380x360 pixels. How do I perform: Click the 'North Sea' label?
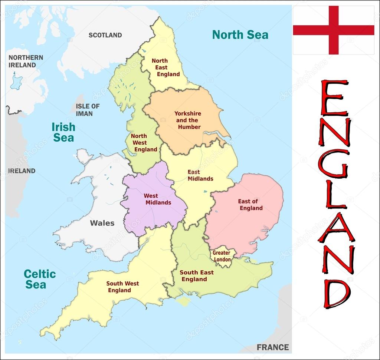(240, 35)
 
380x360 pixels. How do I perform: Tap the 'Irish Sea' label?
(63, 132)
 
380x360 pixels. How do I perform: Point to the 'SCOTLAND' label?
(105, 35)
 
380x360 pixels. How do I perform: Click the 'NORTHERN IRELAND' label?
(26, 61)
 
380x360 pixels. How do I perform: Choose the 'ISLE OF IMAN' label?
(88, 110)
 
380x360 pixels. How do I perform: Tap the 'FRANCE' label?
(272, 347)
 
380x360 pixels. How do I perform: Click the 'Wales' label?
(102, 223)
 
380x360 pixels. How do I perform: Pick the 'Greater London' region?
(222, 256)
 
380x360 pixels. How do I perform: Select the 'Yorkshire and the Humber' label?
(188, 120)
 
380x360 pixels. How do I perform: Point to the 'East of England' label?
(250, 205)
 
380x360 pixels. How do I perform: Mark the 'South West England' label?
(122, 287)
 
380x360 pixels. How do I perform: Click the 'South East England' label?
(196, 276)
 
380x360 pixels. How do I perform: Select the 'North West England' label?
(143, 143)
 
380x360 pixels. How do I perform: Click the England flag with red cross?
(333, 30)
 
